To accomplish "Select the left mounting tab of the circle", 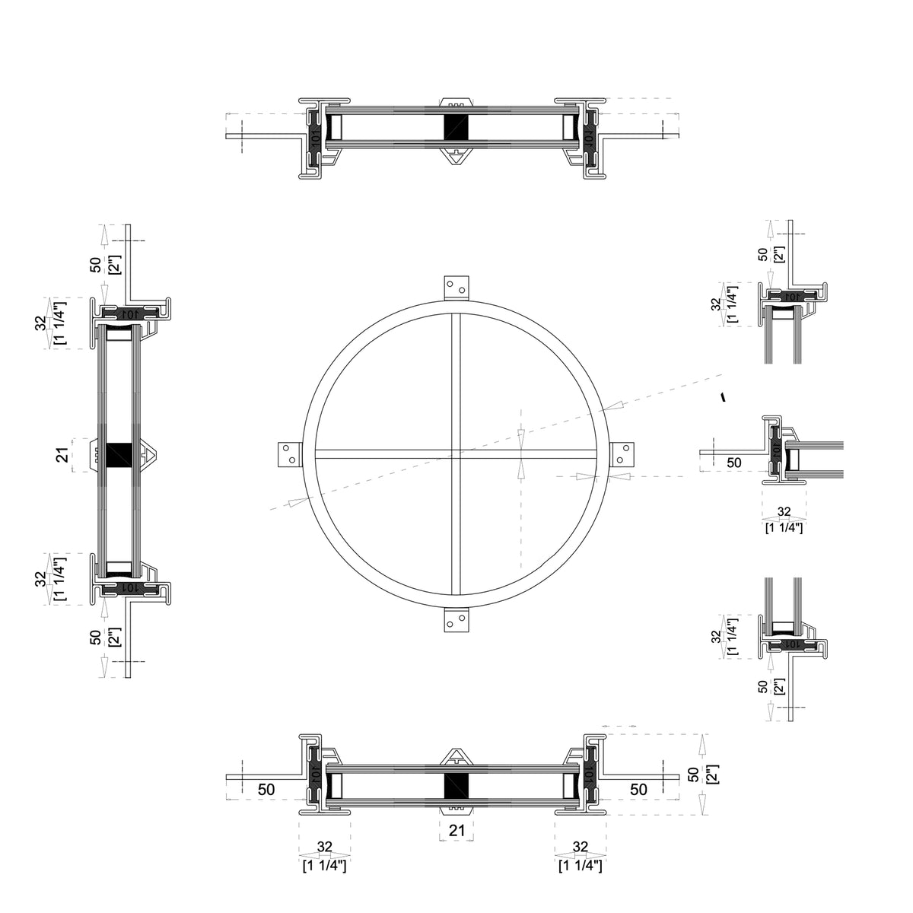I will (x=288, y=454).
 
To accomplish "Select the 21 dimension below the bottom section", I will (x=456, y=832).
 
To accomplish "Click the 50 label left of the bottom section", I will (x=266, y=790).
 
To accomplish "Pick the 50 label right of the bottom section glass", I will (x=638, y=790).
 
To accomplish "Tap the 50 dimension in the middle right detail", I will (x=733, y=462).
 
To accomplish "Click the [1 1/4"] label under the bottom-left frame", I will (x=325, y=866).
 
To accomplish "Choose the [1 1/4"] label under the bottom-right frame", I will (x=581, y=866).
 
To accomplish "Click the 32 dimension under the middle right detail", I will (x=784, y=512).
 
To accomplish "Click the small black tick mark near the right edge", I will (x=723, y=396).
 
